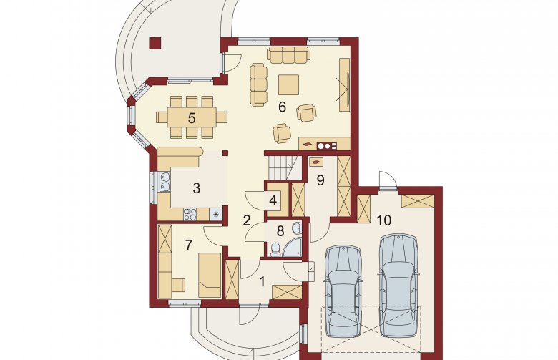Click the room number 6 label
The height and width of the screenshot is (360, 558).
(282, 107)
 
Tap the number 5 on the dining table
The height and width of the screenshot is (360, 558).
(192, 118)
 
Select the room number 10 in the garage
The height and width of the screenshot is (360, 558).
(383, 220)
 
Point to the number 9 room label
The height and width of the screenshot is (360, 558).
(320, 180)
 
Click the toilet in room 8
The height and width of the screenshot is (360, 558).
(275, 249)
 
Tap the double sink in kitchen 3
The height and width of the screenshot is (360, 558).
(165, 182)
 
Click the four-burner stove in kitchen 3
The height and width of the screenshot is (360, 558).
(190, 215)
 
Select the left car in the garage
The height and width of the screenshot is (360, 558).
(343, 291)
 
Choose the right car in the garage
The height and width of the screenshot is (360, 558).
(398, 286)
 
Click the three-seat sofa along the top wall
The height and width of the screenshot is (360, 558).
(288, 54)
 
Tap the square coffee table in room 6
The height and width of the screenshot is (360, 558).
(288, 84)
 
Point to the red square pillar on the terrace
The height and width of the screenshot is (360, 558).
(155, 44)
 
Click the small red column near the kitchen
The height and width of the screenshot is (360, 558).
(225, 153)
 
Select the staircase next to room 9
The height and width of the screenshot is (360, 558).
(284, 167)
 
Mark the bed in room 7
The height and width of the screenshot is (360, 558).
(210, 275)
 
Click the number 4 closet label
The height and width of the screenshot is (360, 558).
(273, 200)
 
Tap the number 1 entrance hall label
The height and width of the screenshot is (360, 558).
(263, 283)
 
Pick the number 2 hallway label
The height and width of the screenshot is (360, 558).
(247, 220)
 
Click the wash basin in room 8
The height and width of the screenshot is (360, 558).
(297, 228)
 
